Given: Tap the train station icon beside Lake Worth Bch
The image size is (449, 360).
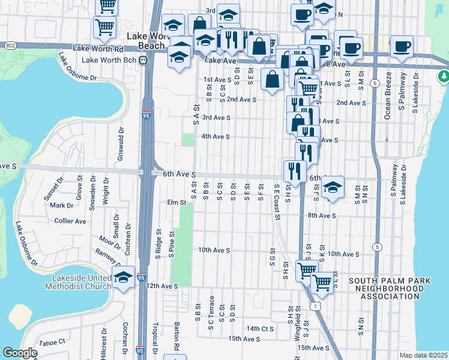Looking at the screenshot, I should (x=143, y=60).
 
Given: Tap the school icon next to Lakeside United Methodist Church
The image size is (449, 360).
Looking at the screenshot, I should (x=124, y=277).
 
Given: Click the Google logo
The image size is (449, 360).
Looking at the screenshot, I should (x=20, y=353).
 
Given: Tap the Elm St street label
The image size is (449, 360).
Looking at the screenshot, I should (x=177, y=203).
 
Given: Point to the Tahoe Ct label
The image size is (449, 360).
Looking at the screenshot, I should (x=52, y=341).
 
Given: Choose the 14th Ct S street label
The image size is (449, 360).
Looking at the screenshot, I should (x=259, y=329).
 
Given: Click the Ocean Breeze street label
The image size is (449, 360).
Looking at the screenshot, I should (x=388, y=95).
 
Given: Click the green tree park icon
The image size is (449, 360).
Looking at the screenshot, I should (x=444, y=76).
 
